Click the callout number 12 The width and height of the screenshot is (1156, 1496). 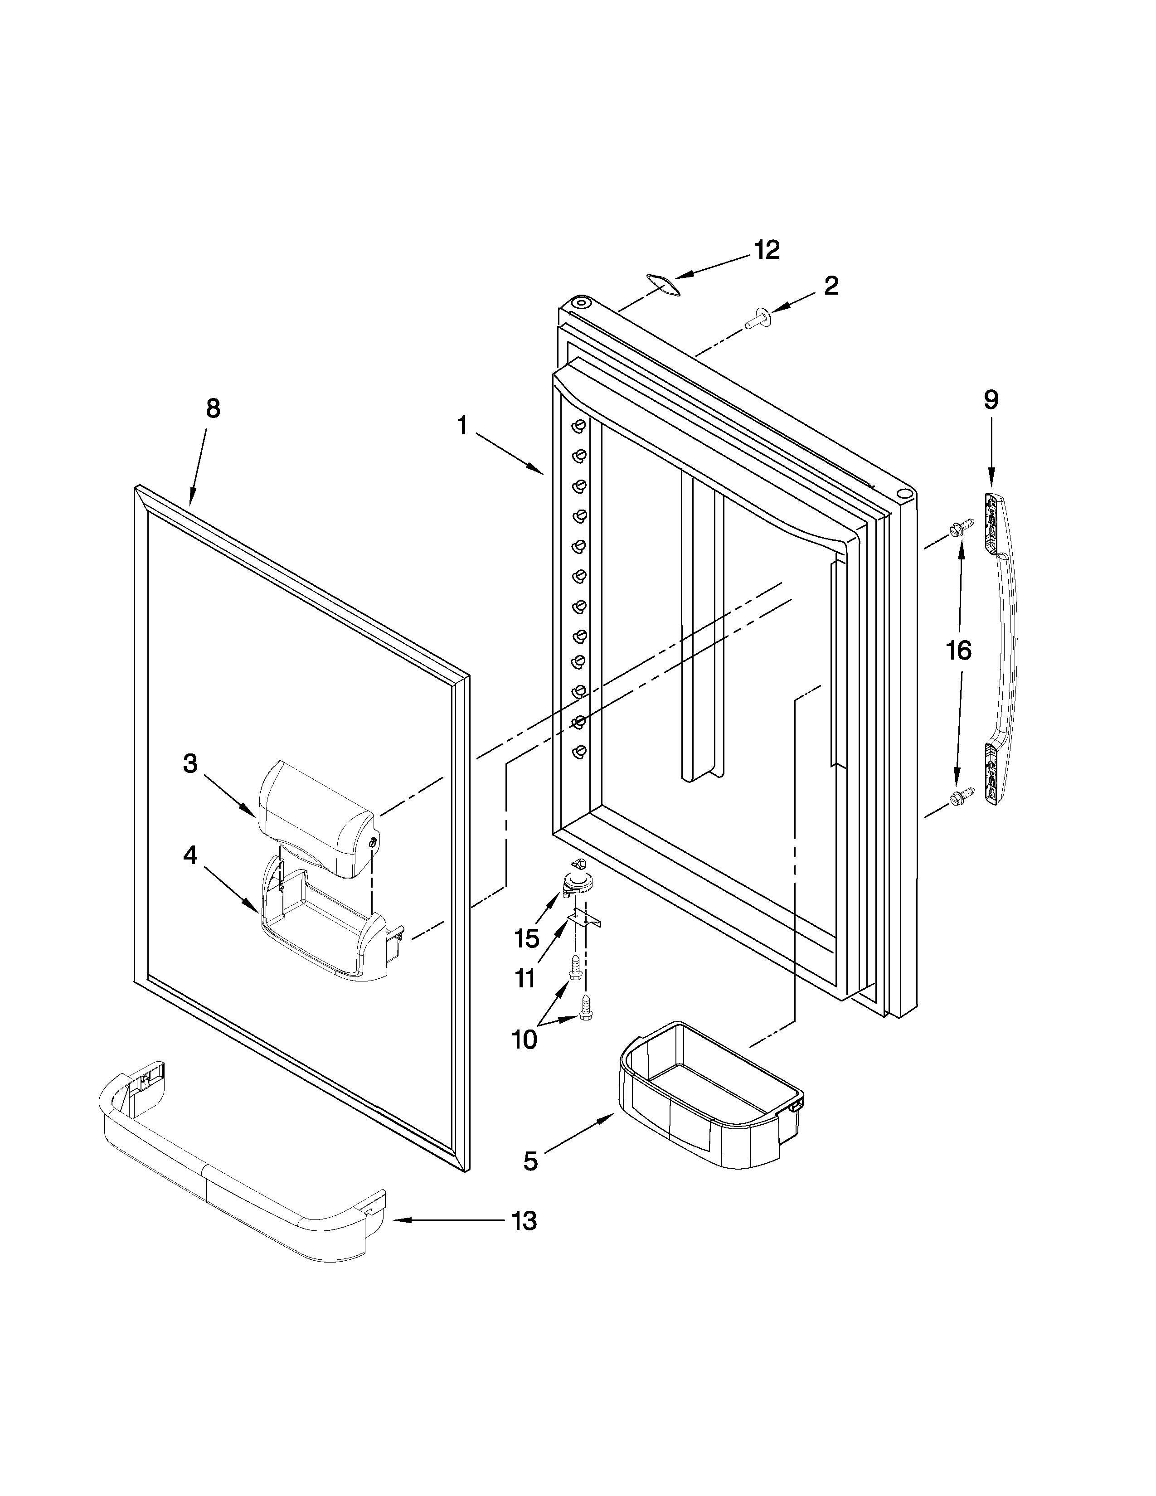(767, 250)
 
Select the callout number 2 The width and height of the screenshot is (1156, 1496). (831, 285)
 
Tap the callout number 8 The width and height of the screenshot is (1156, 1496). (213, 409)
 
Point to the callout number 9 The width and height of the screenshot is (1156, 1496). (991, 399)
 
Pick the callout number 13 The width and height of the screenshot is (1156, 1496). (524, 1221)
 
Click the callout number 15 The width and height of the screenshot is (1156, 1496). (527, 938)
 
